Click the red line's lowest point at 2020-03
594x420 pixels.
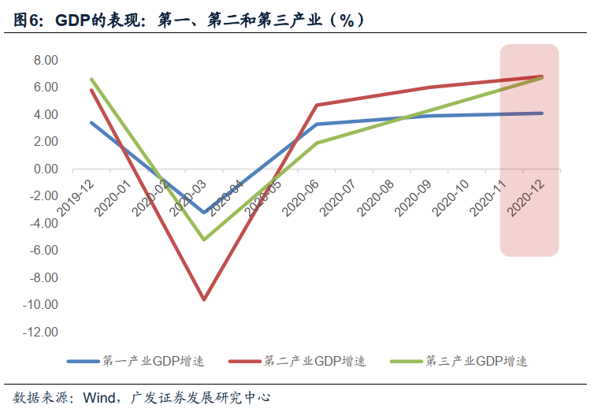[x=204, y=299]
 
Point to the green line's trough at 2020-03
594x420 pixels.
[x=204, y=240]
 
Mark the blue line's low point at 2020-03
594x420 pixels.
[x=204, y=212]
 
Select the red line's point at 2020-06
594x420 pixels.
[x=317, y=105]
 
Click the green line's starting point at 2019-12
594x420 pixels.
[x=91, y=80]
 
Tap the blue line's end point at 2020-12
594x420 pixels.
[x=542, y=113]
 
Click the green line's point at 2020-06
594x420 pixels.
[x=317, y=143]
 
